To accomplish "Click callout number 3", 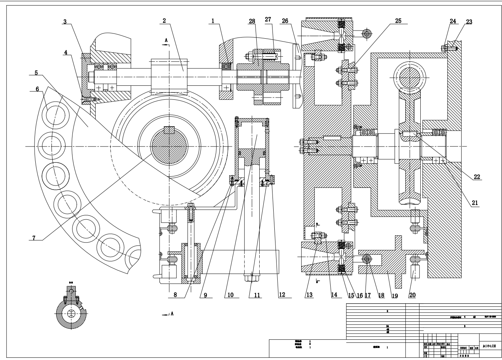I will pos(65,22).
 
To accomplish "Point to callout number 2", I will pos(164,21).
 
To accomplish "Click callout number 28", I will pos(252,22).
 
